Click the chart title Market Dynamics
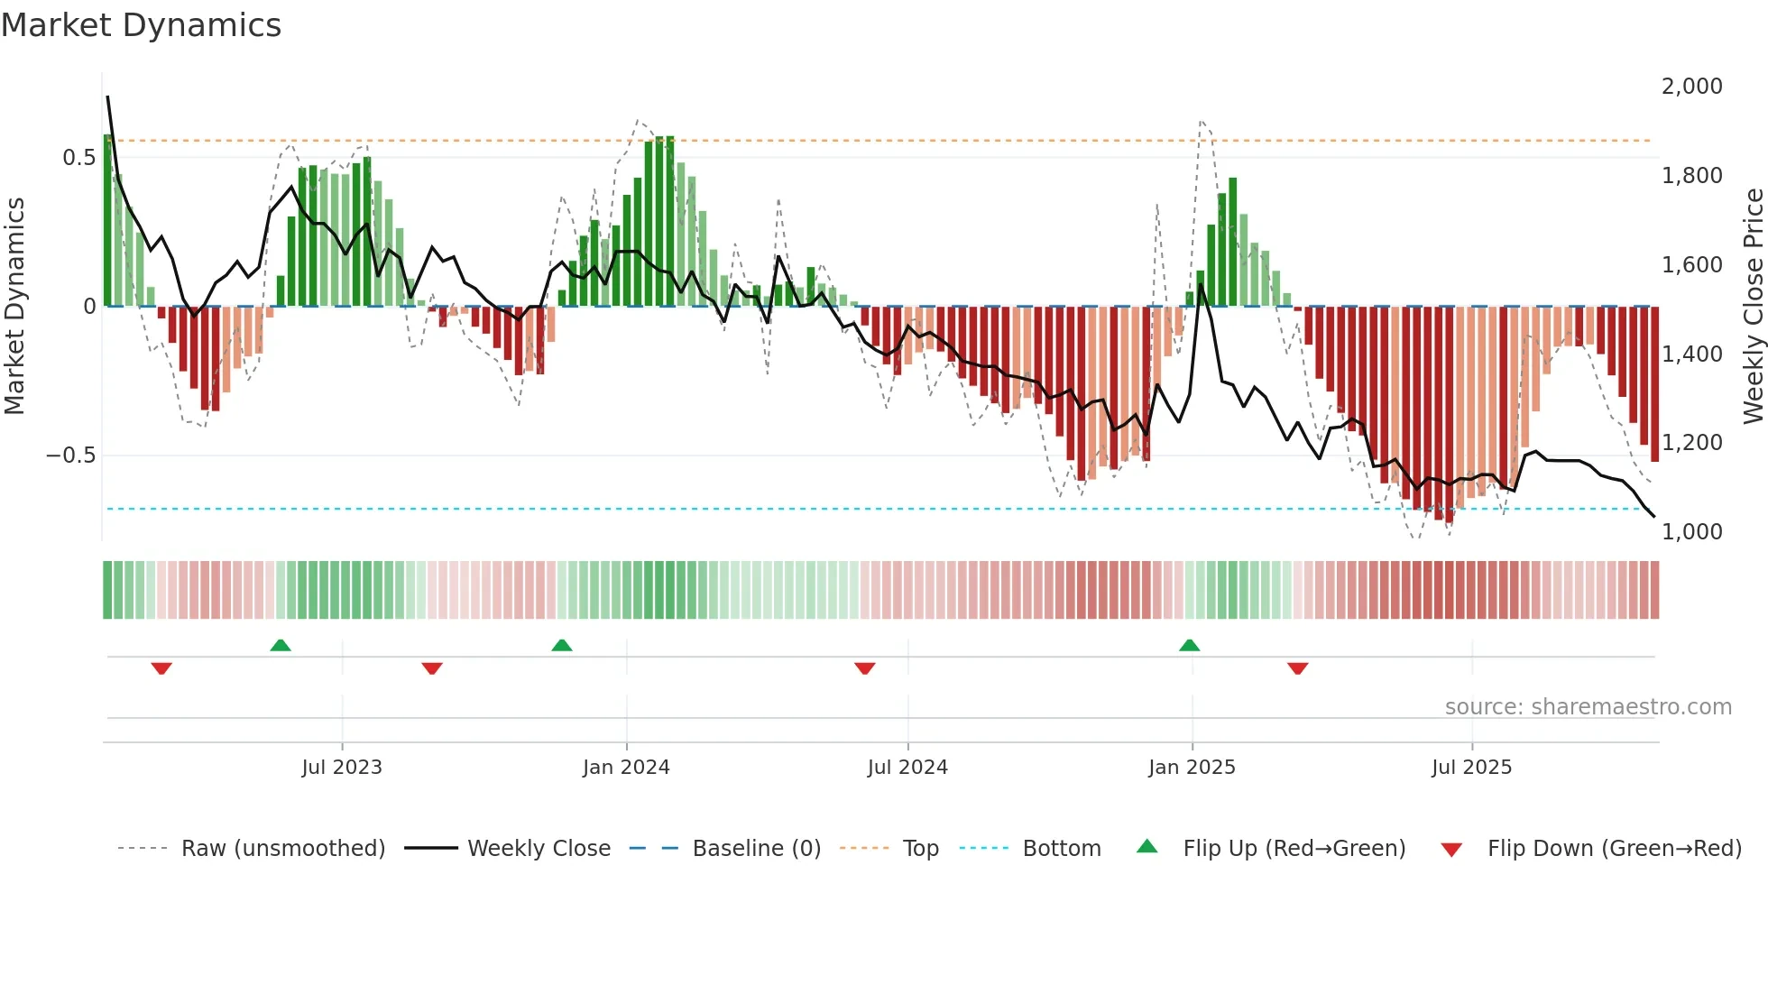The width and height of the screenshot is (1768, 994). pos(141,25)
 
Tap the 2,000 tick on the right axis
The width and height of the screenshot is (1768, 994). pos(1691,87)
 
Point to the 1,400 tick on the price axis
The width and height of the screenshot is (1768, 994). pos(1691,354)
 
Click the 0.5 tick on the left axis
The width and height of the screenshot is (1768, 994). pos(79,158)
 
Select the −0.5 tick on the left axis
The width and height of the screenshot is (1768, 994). pos(71,456)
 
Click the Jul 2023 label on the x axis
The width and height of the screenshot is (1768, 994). pos(342,768)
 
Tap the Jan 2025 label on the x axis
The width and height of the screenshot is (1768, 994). pos(1192,768)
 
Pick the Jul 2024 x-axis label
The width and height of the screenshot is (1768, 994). pos(907,768)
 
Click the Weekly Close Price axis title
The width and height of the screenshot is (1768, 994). pos(1753,306)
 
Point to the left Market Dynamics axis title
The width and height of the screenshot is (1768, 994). pos(14,306)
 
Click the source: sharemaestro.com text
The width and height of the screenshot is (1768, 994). pos(1588,707)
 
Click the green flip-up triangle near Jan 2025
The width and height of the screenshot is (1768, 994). pos(1189,646)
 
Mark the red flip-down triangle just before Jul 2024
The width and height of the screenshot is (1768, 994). pos(864,668)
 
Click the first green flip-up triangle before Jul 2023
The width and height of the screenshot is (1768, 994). pos(281,646)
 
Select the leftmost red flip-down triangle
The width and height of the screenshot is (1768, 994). pos(161,668)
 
